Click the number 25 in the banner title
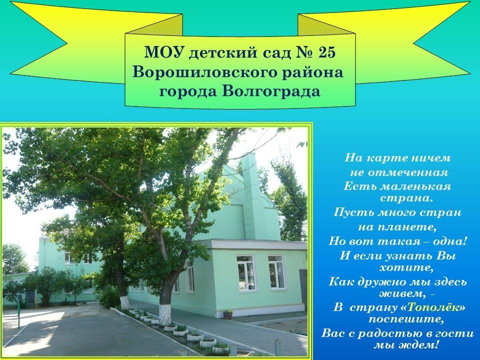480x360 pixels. pos(327,52)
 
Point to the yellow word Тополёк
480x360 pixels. pos(433,307)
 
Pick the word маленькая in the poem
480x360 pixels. pos(416,186)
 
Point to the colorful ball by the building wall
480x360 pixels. pos(228,314)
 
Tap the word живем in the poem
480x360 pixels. pos(401,294)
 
